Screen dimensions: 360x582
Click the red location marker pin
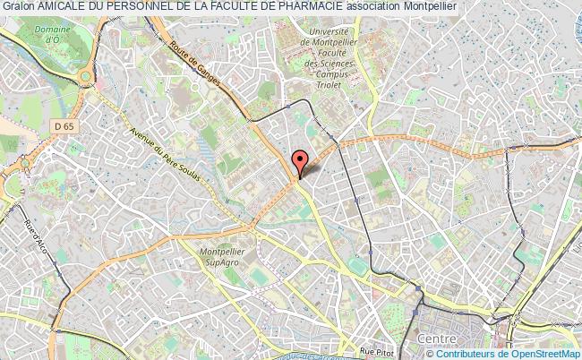point(300,162)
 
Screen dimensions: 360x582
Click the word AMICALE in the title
point(66,6)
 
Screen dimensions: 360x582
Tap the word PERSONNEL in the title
point(150,6)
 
